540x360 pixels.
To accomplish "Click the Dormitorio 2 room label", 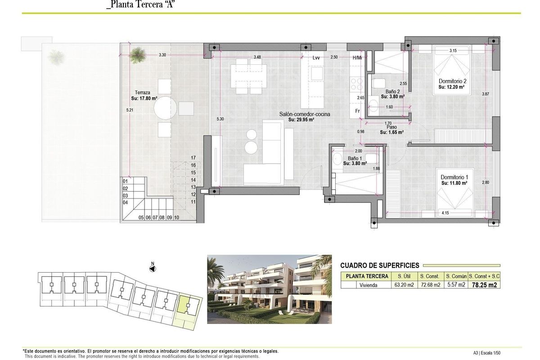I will click(x=451, y=81).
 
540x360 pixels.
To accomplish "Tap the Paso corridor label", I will click(x=391, y=127).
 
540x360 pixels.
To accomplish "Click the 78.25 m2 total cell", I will click(x=485, y=285).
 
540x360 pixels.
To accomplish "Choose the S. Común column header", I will click(x=455, y=276).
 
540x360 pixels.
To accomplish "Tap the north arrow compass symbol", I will click(x=153, y=268).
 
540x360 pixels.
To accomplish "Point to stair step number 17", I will click(x=193, y=158).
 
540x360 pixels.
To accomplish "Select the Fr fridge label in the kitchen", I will click(x=357, y=111).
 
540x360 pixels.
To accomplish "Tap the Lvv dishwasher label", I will click(x=316, y=58).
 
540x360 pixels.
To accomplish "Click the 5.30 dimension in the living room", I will click(x=220, y=119).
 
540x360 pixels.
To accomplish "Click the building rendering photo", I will click(x=269, y=289).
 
